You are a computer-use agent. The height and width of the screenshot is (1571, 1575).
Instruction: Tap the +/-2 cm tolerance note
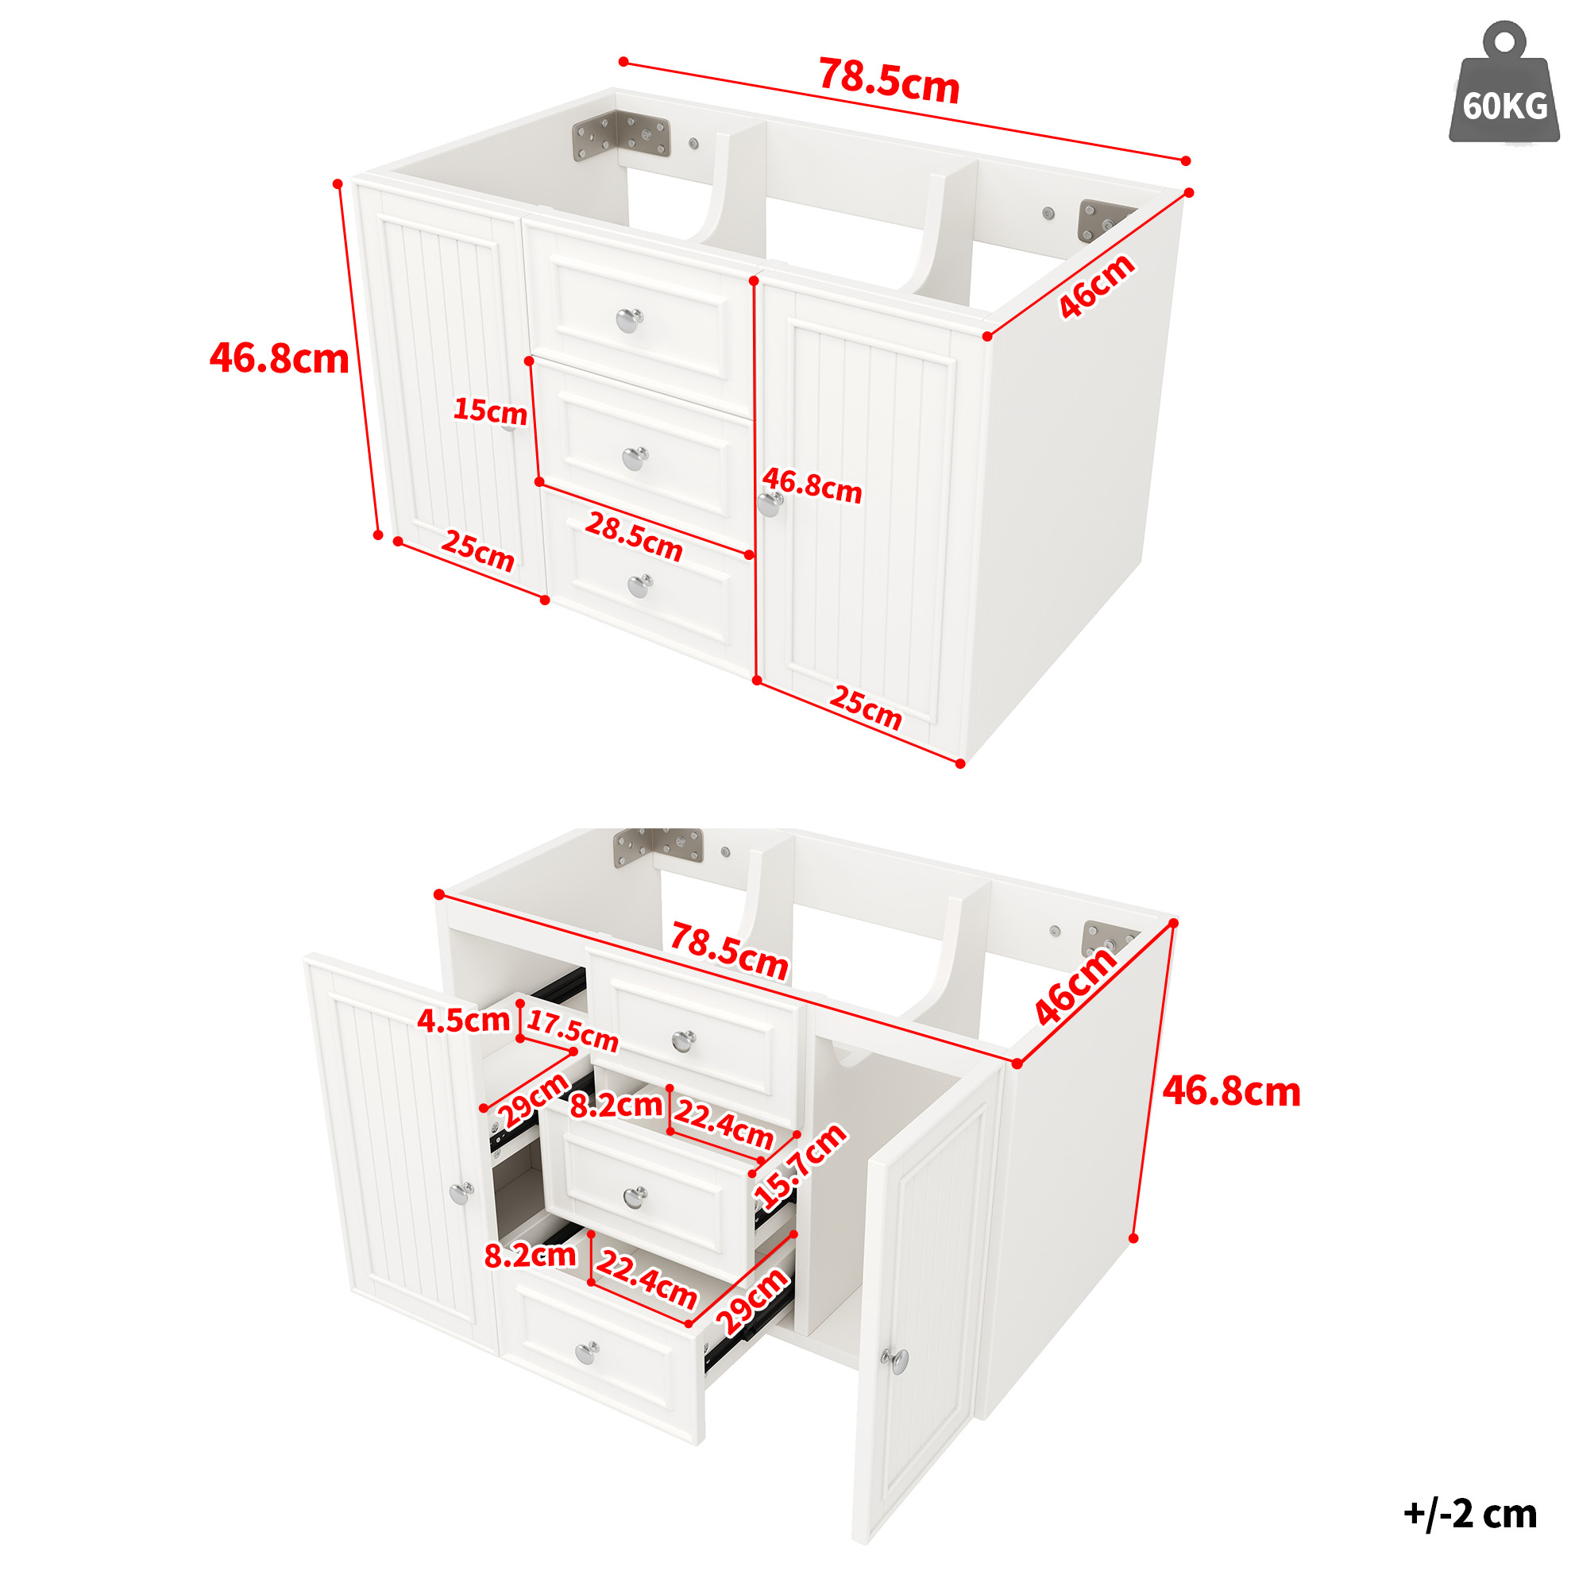[1470, 1514]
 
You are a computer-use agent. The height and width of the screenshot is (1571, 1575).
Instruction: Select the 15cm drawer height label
[490, 410]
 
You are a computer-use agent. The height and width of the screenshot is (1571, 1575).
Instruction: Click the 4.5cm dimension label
[463, 1020]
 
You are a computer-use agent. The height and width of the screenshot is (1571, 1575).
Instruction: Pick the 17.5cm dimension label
[573, 1031]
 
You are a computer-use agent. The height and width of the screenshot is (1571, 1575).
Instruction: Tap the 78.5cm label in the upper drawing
[890, 81]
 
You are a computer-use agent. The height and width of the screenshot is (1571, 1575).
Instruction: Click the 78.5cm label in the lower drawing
[729, 951]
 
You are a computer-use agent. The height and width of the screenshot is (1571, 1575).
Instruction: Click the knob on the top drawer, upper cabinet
[628, 320]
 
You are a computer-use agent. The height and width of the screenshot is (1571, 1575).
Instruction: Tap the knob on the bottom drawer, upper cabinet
[640, 585]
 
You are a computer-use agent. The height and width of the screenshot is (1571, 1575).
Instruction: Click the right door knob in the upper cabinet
[770, 504]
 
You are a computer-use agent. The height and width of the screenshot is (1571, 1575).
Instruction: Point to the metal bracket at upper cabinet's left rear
[621, 134]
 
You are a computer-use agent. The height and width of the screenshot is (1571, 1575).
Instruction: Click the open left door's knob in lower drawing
[461, 1193]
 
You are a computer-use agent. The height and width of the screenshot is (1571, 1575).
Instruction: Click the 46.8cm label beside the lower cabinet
[1231, 1091]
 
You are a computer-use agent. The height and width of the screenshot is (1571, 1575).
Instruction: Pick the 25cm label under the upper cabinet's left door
[478, 551]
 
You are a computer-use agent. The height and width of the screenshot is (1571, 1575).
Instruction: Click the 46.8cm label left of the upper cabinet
[280, 358]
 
